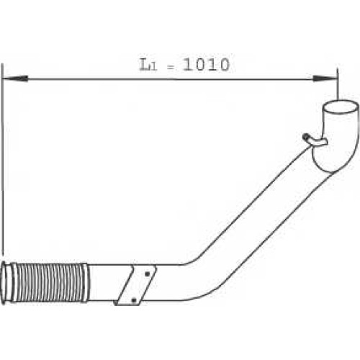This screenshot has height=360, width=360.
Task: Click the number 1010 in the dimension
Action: pyautogui.click(x=206, y=65)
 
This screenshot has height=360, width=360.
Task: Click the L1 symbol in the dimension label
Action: pyautogui.click(x=148, y=65)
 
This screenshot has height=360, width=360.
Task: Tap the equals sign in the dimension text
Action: pyautogui.click(x=171, y=68)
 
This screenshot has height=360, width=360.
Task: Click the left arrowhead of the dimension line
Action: pyautogui.click(x=15, y=78)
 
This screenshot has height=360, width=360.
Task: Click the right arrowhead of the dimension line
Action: pyautogui.click(x=325, y=78)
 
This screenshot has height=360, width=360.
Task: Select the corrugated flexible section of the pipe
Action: pyautogui.click(x=50, y=282)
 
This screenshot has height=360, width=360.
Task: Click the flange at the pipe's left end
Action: pyautogui.click(x=6, y=283)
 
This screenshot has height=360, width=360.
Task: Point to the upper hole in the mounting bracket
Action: pyautogui.click(x=147, y=274)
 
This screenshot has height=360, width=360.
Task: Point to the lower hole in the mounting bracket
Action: pyautogui.click(x=134, y=300)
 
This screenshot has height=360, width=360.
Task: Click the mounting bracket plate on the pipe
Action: pyautogui.click(x=135, y=285)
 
